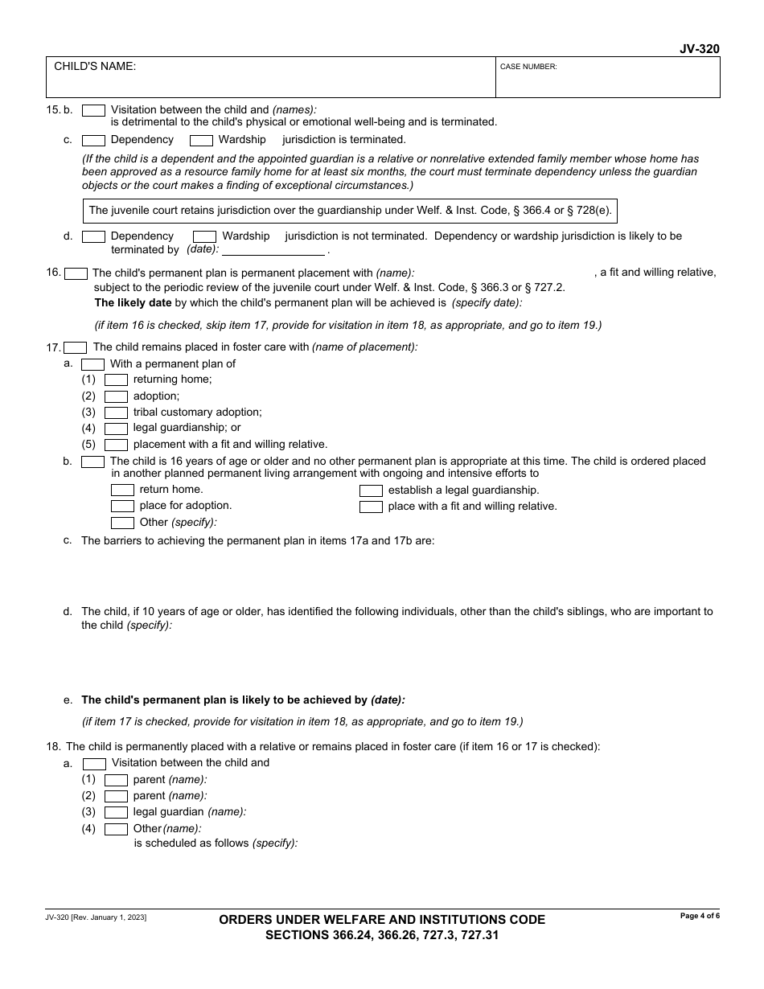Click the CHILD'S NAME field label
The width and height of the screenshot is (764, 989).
(x=95, y=67)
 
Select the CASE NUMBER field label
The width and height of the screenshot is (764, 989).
(x=528, y=68)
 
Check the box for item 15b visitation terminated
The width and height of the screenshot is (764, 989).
(x=93, y=110)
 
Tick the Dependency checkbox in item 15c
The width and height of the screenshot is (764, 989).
(x=93, y=140)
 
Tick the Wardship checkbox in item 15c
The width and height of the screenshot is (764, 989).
(x=201, y=140)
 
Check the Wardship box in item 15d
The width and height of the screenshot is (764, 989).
(x=204, y=236)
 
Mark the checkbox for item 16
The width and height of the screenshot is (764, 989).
(x=76, y=273)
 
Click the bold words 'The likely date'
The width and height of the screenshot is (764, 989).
(x=133, y=303)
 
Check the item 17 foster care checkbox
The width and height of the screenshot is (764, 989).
(x=76, y=348)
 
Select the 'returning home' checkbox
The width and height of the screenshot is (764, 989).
(x=116, y=380)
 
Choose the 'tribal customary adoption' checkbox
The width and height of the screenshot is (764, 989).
(x=116, y=412)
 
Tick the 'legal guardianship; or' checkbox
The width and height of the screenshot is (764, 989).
(x=116, y=429)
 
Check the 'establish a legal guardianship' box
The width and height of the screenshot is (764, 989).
(x=371, y=490)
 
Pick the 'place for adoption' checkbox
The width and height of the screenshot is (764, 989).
(x=122, y=507)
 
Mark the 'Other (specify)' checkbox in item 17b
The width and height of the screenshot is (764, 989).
(x=122, y=523)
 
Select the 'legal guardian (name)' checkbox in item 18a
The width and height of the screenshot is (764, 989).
(x=116, y=813)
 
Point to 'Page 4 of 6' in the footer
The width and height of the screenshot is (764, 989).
(x=700, y=916)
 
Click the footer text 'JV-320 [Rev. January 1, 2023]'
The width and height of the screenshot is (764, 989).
(x=96, y=917)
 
